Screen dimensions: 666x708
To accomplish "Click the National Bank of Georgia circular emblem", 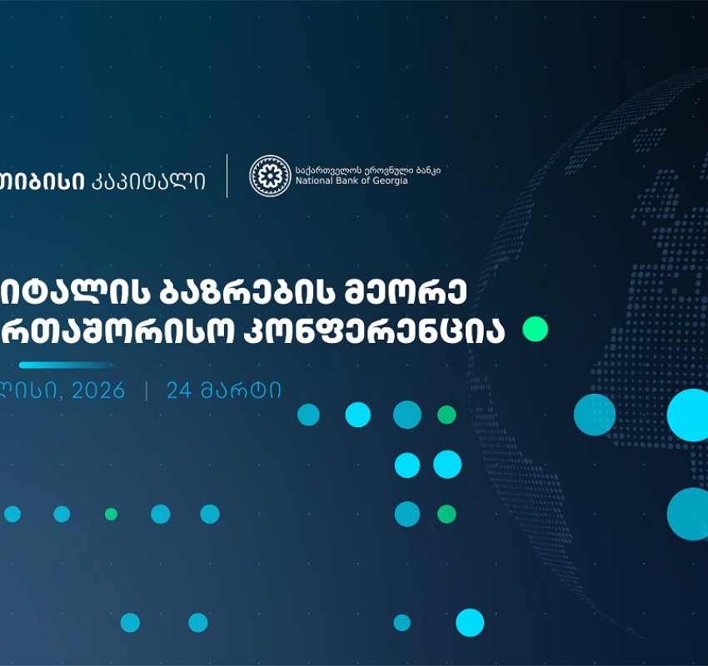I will (x=271, y=176).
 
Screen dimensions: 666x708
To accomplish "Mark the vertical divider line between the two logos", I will (x=227, y=176).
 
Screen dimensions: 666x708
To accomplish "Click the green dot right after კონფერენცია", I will (x=535, y=330).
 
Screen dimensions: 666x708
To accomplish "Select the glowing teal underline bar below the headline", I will (x=67, y=365).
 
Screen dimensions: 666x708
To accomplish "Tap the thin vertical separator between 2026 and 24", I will (x=147, y=390).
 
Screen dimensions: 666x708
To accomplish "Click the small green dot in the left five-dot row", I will (x=111, y=514).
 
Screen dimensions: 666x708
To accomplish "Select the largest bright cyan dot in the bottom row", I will (x=470, y=623).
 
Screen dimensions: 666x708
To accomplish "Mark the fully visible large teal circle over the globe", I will (x=595, y=415).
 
